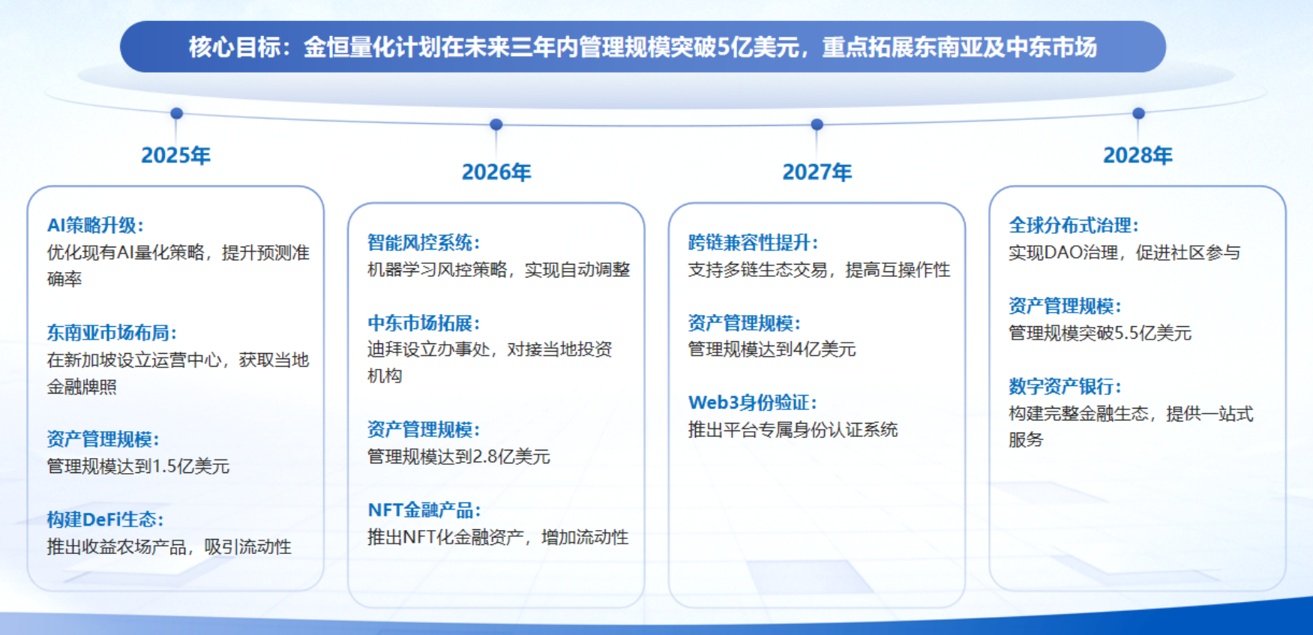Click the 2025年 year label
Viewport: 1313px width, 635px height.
[175, 155]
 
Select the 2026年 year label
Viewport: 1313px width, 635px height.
[496, 172]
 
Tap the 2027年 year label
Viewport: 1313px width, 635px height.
[817, 172]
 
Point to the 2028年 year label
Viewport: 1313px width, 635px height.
[1138, 155]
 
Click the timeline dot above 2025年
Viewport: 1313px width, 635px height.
[177, 113]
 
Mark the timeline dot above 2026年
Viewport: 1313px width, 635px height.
[496, 124]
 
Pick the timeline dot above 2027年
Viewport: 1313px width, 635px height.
[817, 124]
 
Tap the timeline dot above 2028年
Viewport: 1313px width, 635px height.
[1138, 113]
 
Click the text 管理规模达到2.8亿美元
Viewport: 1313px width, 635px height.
[459, 457]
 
